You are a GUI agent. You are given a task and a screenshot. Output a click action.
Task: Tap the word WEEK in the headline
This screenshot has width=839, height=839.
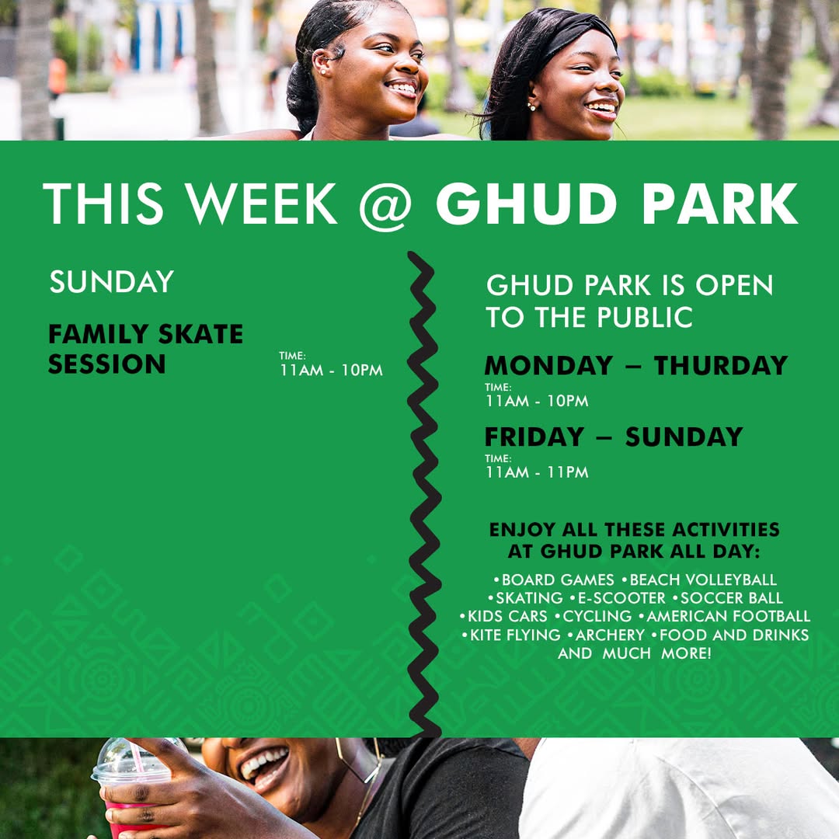[261, 204]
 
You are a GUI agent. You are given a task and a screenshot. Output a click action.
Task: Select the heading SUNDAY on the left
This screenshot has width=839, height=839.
[111, 281]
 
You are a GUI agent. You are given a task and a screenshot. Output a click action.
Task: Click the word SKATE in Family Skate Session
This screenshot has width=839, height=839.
[200, 334]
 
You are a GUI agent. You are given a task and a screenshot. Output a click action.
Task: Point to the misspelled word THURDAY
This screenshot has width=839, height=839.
[721, 365]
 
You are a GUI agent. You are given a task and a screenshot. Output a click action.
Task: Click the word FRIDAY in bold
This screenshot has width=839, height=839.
[534, 437]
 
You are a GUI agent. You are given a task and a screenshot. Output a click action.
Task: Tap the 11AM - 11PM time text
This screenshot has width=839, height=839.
[537, 472]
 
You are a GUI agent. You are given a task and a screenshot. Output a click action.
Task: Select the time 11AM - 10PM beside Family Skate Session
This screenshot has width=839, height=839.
[331, 370]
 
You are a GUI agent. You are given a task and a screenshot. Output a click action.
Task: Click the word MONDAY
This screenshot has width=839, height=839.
[548, 365]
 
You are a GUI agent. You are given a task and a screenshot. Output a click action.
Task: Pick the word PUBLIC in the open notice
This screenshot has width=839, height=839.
[644, 317]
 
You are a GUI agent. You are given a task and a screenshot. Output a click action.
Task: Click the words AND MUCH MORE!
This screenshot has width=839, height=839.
[635, 653]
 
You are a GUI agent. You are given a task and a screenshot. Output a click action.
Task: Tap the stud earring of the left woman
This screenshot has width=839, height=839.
[322, 70]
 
